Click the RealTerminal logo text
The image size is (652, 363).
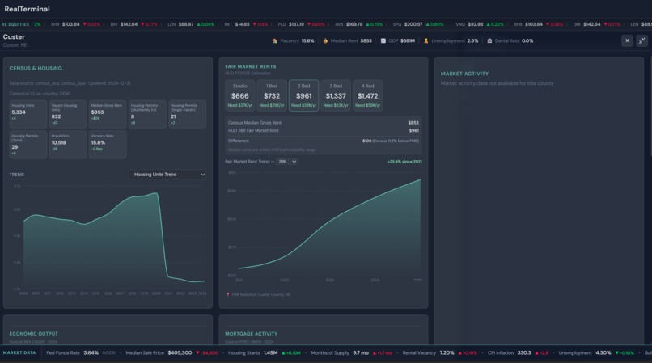[x=27, y=10]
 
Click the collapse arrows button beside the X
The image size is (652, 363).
[x=642, y=40]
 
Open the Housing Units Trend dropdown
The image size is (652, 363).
[x=168, y=175]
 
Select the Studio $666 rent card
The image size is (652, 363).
[x=239, y=95]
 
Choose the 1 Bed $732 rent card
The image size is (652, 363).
[x=272, y=95]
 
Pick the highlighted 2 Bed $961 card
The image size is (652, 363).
[x=303, y=95]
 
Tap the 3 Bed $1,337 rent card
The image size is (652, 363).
[x=336, y=95]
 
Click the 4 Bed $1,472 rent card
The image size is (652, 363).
[x=367, y=95]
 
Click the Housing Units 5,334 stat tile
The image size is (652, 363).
[x=28, y=113]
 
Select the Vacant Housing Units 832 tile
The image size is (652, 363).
[x=67, y=113]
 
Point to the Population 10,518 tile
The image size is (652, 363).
[x=67, y=143]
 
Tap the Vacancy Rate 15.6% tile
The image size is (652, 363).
[x=107, y=143]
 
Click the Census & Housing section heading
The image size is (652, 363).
[x=36, y=68]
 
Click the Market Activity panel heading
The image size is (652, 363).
[x=464, y=74]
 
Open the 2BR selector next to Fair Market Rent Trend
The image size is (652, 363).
[x=287, y=162]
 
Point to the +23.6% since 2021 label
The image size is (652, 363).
[x=404, y=162]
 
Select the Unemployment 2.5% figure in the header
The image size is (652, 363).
[x=472, y=40]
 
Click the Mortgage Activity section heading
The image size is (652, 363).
[x=252, y=334]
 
